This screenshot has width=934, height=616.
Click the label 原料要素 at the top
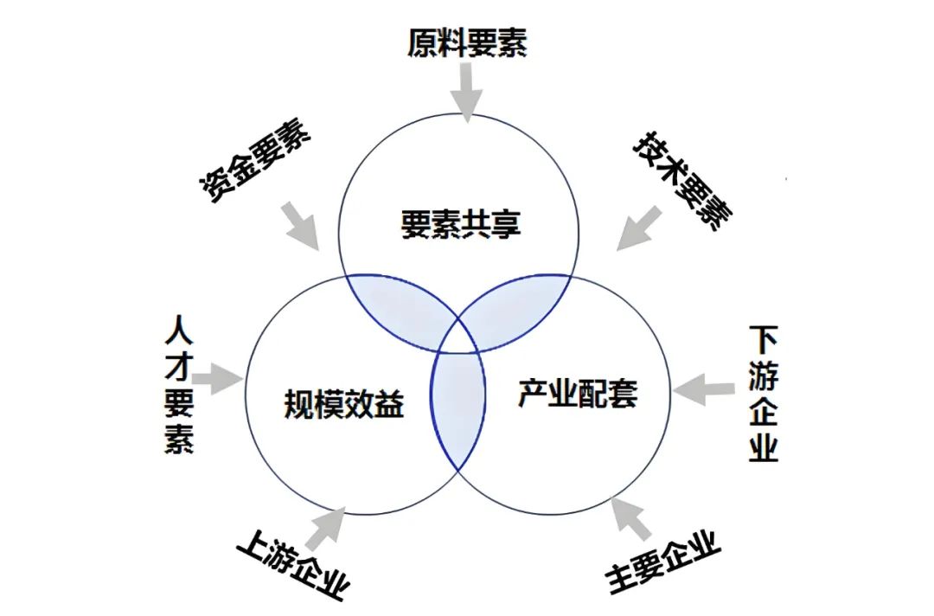[467, 43]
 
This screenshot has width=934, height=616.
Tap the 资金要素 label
[254, 160]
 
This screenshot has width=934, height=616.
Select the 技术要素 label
[682, 181]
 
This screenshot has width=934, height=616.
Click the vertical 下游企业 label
[763, 393]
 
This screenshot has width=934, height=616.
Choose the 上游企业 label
[293, 563]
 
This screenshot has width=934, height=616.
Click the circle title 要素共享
[460, 224]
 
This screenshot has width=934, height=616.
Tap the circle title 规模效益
[344, 404]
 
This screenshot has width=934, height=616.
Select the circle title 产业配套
[578, 393]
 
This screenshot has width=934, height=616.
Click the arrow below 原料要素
[466, 93]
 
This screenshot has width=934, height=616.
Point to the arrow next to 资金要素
[301, 226]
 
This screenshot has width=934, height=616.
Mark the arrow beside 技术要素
[638, 228]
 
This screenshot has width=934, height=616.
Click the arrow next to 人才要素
[217, 378]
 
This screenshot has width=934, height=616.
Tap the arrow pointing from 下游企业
[703, 391]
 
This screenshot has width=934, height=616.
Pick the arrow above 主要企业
[630, 519]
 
